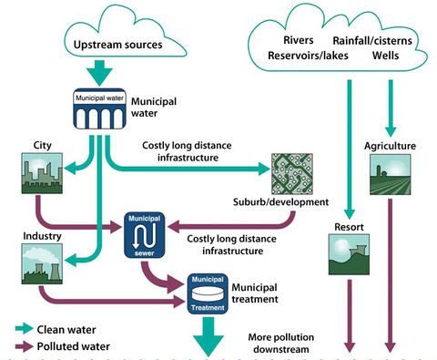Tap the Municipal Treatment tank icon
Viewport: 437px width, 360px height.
(x=207, y=293)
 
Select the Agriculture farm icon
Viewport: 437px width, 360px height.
(x=390, y=176)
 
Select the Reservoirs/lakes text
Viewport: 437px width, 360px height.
(x=301, y=56)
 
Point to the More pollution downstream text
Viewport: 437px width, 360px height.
(x=285, y=343)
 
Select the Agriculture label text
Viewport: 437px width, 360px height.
(x=391, y=145)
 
